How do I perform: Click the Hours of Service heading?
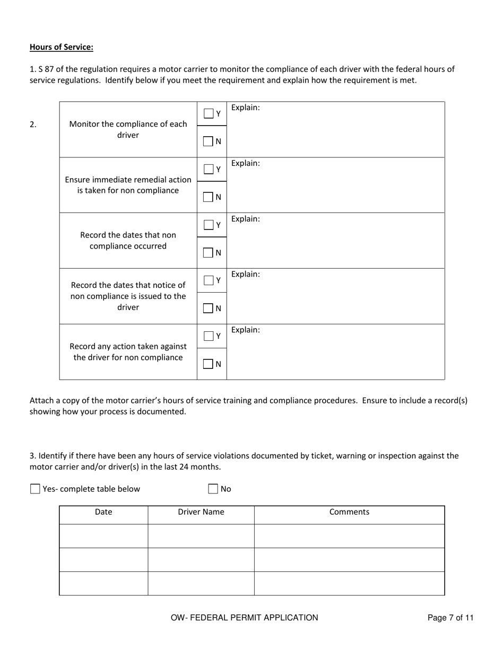[x=61, y=47]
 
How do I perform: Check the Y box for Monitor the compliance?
[x=209, y=113]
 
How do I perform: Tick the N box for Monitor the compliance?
[x=209, y=142]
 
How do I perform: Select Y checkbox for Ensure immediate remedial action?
[x=209, y=169]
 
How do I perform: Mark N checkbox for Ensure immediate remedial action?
[x=209, y=197]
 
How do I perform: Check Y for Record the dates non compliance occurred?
[x=209, y=225]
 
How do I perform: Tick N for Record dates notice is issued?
[x=209, y=308]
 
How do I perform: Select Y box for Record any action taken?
[x=209, y=336]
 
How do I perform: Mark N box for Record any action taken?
[x=209, y=364]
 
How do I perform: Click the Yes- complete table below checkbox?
[x=36, y=489]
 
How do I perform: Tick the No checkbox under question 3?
[x=213, y=489]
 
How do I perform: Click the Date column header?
[x=103, y=512]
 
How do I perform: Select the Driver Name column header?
[x=201, y=512]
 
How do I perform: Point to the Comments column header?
[x=349, y=512]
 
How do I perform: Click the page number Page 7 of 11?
[x=450, y=618]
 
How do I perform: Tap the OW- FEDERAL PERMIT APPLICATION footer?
[x=244, y=618]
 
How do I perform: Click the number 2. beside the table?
[x=33, y=125]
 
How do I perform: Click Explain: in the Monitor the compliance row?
[x=246, y=108]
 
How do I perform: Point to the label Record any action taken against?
[x=128, y=346]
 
